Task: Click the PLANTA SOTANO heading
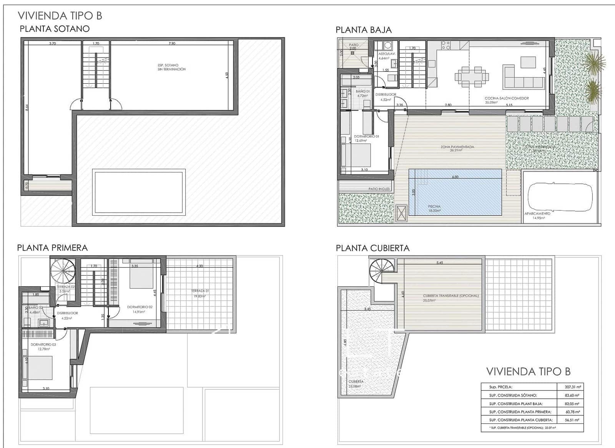[x=55, y=29]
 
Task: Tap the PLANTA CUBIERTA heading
[x=372, y=248]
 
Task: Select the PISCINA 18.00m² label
[x=434, y=208]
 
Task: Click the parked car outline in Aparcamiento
[x=559, y=197]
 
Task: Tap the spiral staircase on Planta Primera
[x=64, y=271]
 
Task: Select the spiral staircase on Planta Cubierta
[x=382, y=271]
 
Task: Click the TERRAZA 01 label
[x=200, y=293]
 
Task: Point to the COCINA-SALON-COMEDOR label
[x=507, y=100]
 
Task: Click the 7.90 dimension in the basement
[x=172, y=43]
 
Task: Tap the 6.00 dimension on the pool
[x=455, y=177]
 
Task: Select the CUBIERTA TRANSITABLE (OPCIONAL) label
[x=450, y=298]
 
